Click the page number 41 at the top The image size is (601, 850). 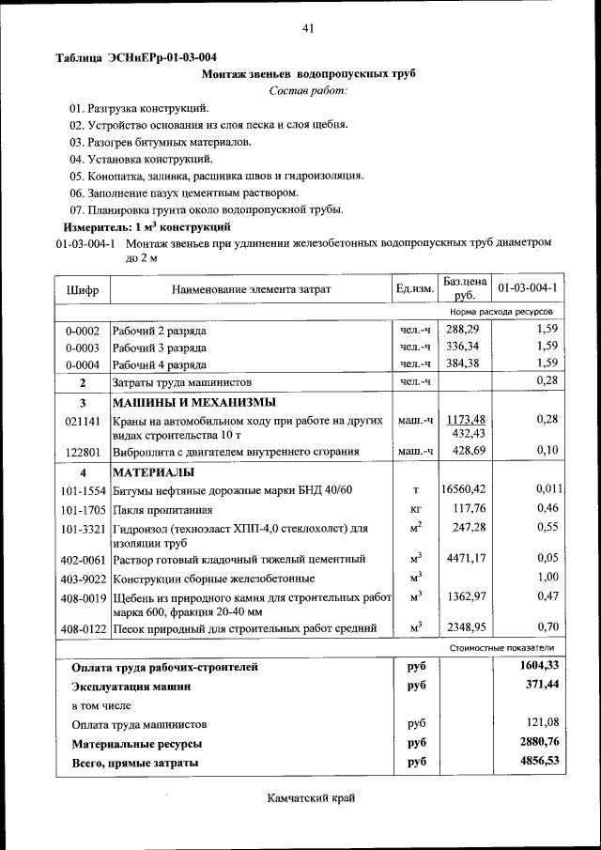pos(307,28)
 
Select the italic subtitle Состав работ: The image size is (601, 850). pos(307,90)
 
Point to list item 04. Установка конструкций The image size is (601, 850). pos(140,159)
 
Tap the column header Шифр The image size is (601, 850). pos(83,289)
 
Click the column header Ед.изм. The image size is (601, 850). pos(414,289)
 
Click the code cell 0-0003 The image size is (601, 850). pos(83,347)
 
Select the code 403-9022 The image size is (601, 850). pos(83,579)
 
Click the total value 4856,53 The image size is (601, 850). pos(539,762)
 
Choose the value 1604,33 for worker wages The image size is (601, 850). pos(539,666)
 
